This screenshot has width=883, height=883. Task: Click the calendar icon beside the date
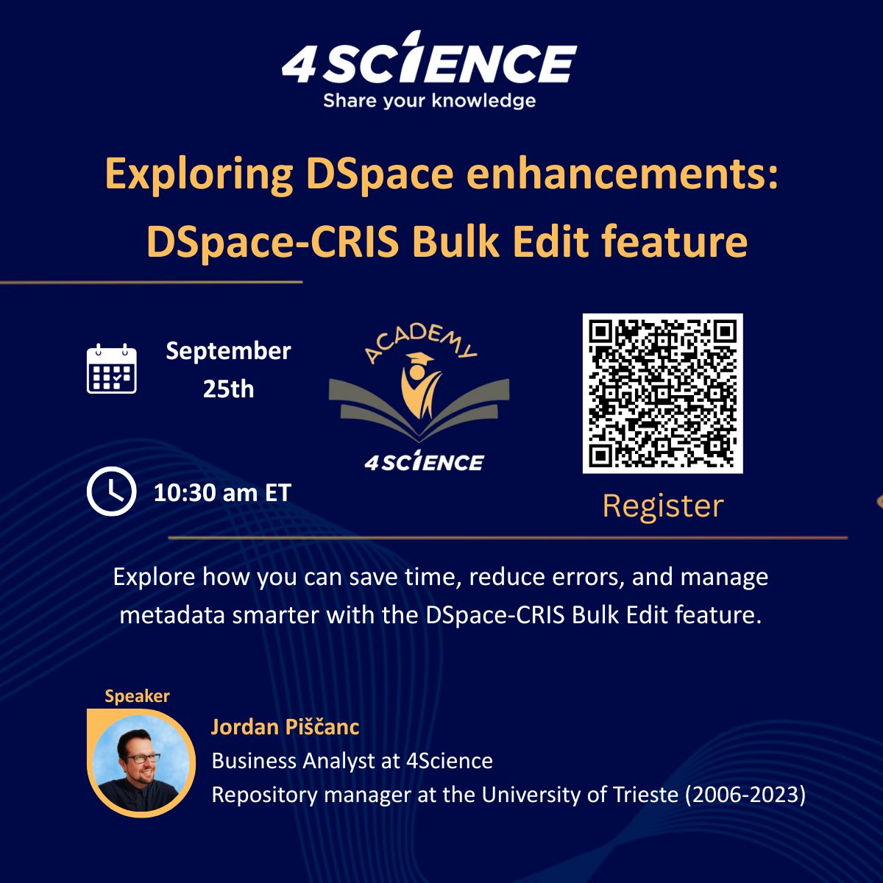click(x=112, y=369)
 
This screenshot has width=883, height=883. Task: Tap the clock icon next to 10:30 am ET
click(x=111, y=492)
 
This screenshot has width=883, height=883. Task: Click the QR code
click(x=662, y=394)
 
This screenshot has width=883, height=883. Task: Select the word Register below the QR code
click(x=663, y=507)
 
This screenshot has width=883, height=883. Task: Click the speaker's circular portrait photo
click(x=141, y=763)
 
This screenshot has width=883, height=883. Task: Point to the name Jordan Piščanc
click(x=285, y=727)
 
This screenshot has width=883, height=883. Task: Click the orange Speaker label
click(x=138, y=697)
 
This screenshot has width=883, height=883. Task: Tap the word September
click(x=228, y=352)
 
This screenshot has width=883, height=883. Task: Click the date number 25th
click(x=228, y=389)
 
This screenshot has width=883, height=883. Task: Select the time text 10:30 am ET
click(x=223, y=493)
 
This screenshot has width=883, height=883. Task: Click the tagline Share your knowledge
click(x=429, y=101)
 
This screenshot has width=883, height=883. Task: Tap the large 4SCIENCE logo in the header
click(x=429, y=60)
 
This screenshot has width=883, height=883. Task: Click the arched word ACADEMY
click(x=420, y=343)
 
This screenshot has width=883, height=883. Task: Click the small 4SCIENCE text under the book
click(x=425, y=461)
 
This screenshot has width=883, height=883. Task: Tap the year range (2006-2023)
click(x=745, y=795)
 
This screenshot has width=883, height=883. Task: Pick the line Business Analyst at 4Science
click(x=352, y=761)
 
